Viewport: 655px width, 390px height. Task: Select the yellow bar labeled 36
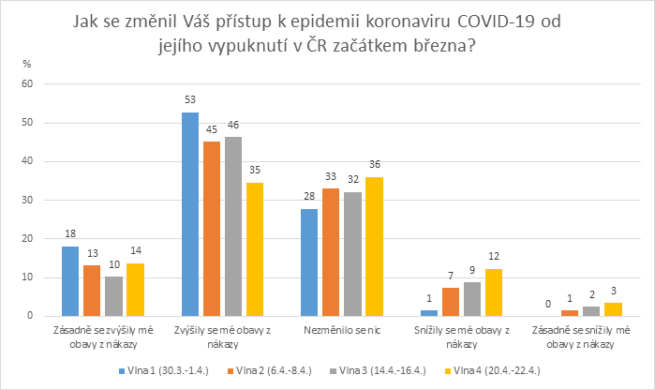pos(375,247)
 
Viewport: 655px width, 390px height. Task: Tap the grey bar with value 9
pos(473,299)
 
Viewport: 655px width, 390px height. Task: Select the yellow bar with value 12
pos(495,292)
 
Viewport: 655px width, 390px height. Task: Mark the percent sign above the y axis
pos(27,63)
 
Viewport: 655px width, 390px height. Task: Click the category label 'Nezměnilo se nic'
pos(339,331)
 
